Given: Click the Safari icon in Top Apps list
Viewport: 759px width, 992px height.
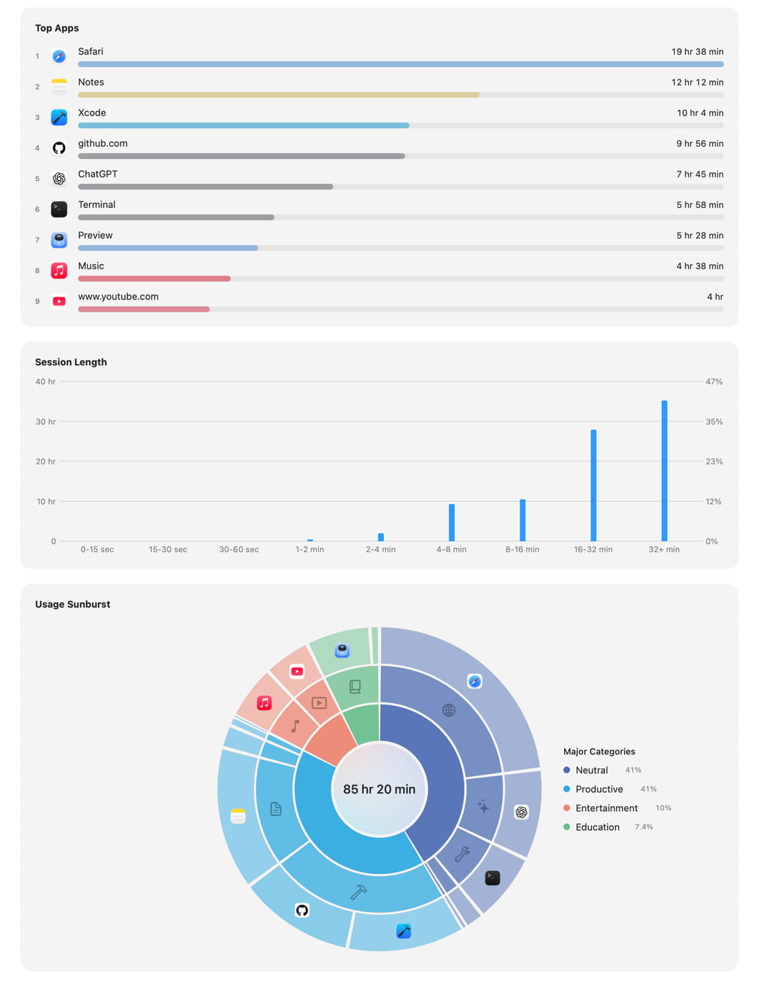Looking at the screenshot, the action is [59, 56].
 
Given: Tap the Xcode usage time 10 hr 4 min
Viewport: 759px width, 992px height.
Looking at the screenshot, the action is [699, 112].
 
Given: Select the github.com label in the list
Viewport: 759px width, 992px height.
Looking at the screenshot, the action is [103, 143].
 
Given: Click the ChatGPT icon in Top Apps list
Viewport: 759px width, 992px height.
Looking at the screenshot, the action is [59, 179].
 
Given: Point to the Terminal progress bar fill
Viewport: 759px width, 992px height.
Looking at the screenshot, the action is [176, 217].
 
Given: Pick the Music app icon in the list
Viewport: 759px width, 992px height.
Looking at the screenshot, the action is [59, 271].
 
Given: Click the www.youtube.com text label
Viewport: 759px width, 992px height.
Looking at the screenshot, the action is [118, 296].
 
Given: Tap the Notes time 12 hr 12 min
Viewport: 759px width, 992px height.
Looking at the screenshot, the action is [697, 82].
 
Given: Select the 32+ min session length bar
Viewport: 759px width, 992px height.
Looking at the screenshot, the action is [663, 470].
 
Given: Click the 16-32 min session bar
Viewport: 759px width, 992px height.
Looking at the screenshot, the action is [593, 485].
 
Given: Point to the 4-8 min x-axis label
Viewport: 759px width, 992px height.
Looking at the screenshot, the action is [451, 549].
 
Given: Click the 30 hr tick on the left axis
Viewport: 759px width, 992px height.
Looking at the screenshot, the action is [46, 421].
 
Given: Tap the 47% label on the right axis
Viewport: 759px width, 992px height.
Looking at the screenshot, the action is [714, 381].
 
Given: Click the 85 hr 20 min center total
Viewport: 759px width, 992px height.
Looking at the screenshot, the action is [379, 789].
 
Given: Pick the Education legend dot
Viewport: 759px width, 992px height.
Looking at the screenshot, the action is [566, 826].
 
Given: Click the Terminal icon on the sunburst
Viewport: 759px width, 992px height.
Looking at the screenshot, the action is [493, 877].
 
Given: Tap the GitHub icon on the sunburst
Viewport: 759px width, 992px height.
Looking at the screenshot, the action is [302, 910].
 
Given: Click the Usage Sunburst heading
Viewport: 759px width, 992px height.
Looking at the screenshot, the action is [73, 604].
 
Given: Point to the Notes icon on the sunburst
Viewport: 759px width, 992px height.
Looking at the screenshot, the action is [238, 815].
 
